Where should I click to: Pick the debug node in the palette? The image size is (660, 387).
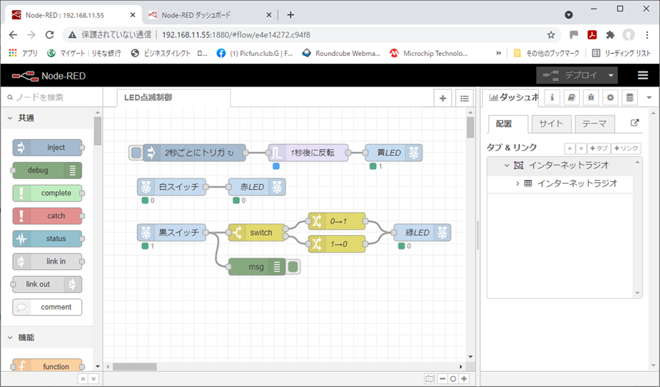click(x=43, y=171)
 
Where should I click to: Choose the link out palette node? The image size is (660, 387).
click(x=43, y=285)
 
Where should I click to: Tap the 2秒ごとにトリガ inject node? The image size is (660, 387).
click(x=194, y=153)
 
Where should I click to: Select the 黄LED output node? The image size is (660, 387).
click(x=393, y=153)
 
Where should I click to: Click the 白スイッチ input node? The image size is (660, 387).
click(x=172, y=187)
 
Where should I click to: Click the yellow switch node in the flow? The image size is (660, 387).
click(x=256, y=233)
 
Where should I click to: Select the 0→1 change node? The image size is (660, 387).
click(x=336, y=221)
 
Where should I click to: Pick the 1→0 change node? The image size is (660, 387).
click(x=336, y=244)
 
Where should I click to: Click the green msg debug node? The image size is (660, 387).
click(x=256, y=267)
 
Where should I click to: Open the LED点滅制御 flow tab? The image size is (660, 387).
click(x=172, y=98)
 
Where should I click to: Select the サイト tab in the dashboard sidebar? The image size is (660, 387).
click(x=551, y=124)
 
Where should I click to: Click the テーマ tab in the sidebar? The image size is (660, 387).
click(x=594, y=124)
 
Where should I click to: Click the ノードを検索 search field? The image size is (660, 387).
click(x=50, y=97)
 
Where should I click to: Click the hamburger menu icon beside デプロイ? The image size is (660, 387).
click(x=643, y=75)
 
